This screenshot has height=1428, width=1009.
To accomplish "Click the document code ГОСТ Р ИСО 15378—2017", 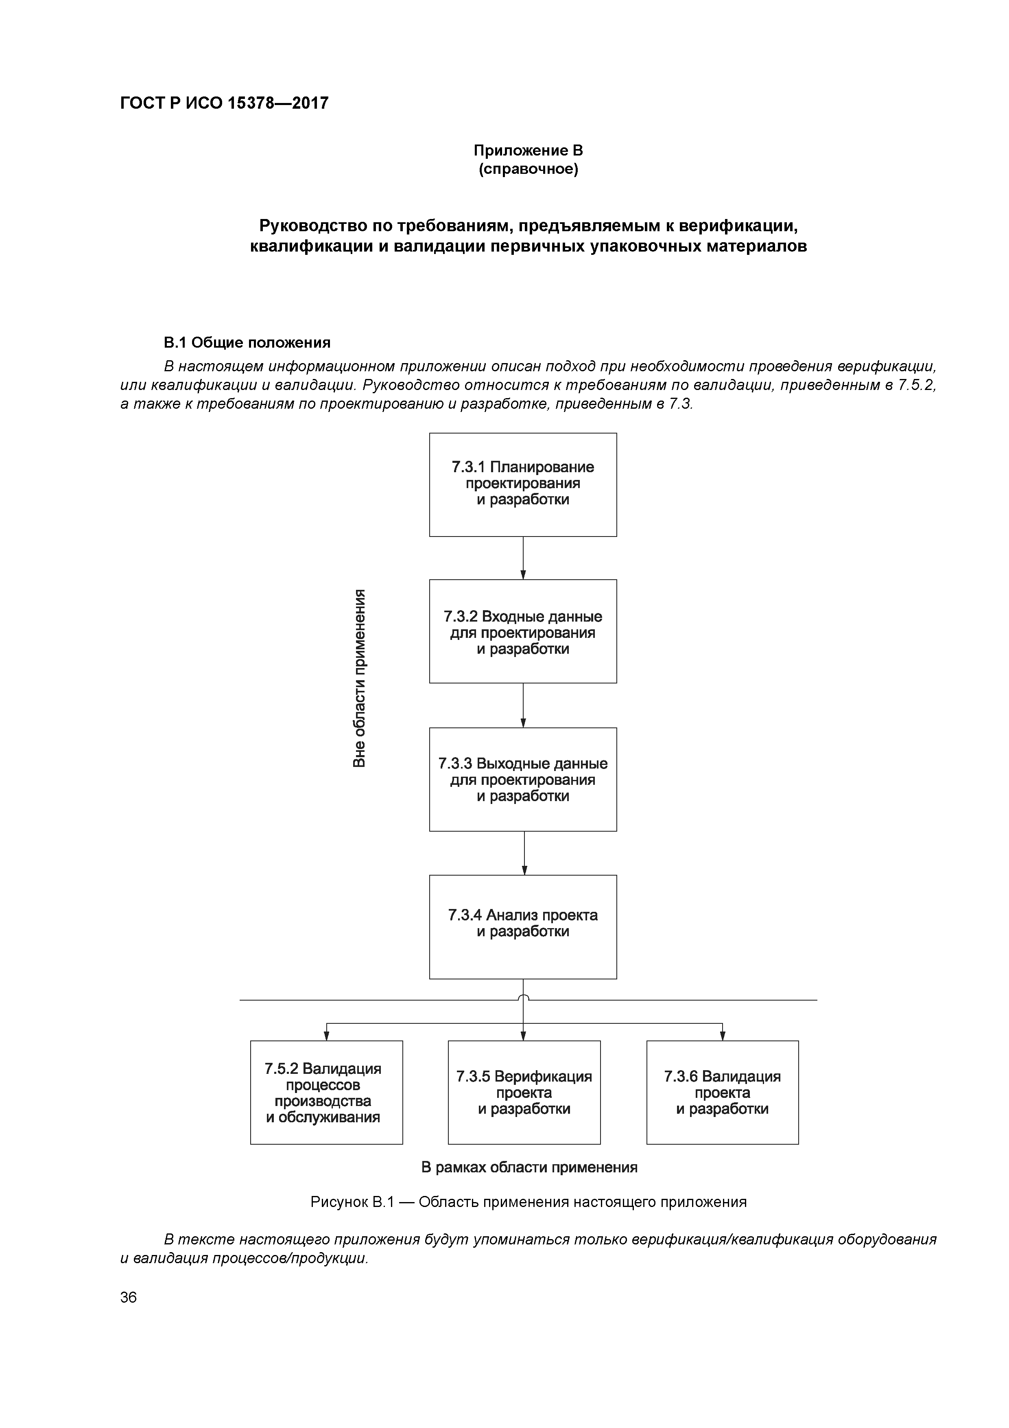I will coord(224,103).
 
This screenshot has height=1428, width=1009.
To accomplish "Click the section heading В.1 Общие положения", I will coord(247,343).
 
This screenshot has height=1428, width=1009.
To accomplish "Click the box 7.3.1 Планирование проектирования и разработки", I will coord(523,484).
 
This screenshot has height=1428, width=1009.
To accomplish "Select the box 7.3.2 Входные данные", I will coord(523,631).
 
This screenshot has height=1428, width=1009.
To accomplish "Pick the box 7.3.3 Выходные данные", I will coord(523,779).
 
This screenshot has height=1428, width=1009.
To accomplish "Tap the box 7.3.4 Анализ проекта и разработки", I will coord(523,927).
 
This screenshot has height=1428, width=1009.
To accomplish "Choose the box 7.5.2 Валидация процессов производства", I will coord(326,1092).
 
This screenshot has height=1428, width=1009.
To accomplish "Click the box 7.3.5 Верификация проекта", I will coord(524,1092).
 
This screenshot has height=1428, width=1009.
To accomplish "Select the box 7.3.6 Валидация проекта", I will coord(723,1092).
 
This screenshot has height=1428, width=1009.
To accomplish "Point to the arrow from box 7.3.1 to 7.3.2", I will coord(524,558).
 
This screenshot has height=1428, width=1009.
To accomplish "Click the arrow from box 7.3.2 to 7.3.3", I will coord(524,705).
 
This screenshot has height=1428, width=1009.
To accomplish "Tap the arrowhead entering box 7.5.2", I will coord(326,1036).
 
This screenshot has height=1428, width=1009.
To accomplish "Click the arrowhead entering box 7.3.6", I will coord(723,1036).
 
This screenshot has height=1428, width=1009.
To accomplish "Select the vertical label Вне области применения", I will coord(359,678).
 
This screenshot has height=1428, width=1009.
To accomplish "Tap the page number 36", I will coord(129,1297).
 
